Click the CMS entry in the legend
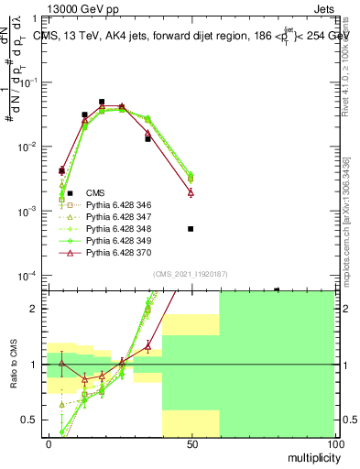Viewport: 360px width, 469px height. [x=95, y=193]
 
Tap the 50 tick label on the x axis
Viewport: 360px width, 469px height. [x=191, y=444]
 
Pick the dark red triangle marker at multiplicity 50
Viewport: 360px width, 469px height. [x=191, y=192]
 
